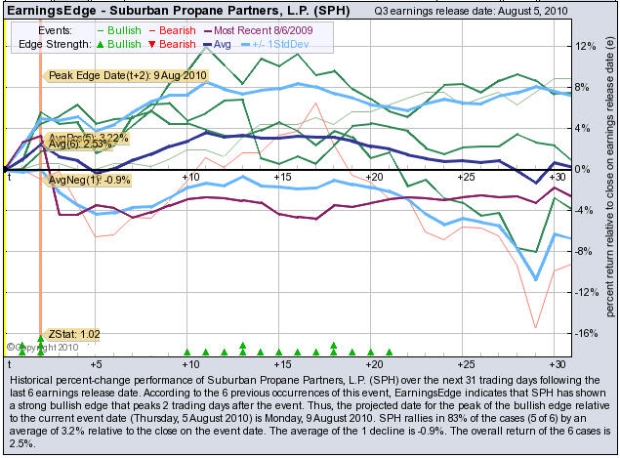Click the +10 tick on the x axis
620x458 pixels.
tap(191, 176)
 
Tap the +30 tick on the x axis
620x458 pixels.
tap(557, 176)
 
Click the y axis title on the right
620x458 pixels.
tap(609, 186)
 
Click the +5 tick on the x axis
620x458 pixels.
tap(96, 176)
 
